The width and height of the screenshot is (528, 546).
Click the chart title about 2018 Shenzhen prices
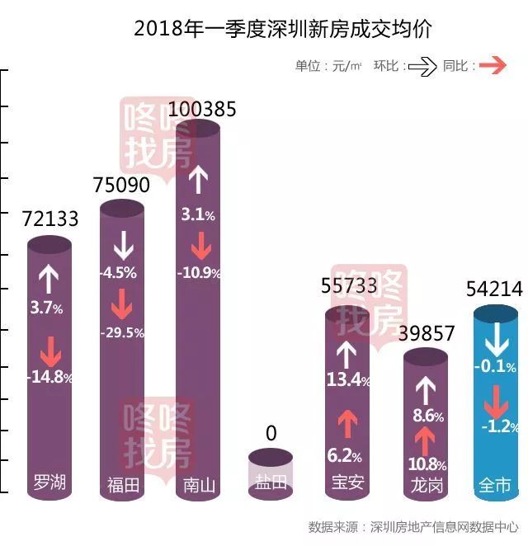click(x=283, y=28)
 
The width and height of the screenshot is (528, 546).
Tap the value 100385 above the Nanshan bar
click(x=201, y=110)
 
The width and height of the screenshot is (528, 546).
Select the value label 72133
click(x=50, y=219)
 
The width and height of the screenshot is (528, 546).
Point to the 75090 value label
click(x=122, y=185)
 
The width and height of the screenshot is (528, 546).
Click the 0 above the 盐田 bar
click(x=271, y=434)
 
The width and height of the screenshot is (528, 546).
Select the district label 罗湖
click(x=49, y=482)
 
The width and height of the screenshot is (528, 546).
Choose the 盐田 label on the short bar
click(x=271, y=483)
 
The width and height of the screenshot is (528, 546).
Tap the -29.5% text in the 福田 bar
click(x=122, y=333)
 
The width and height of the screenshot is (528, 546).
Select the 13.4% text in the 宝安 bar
click(x=347, y=379)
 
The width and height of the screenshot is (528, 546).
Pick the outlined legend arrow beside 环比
click(x=422, y=67)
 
